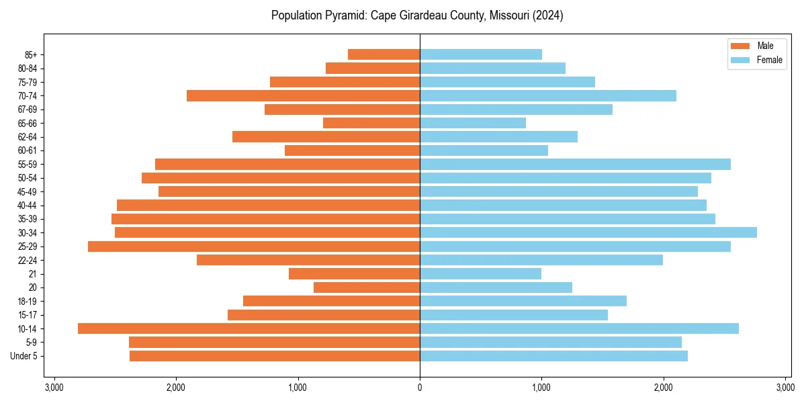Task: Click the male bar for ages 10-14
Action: pyautogui.click(x=249, y=328)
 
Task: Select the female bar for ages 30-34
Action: pyautogui.click(x=588, y=232)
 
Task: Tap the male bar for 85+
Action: pyautogui.click(x=384, y=54)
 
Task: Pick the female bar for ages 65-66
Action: pyautogui.click(x=473, y=123)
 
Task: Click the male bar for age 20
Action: pyautogui.click(x=367, y=287)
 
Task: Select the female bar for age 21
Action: pyautogui.click(x=480, y=273)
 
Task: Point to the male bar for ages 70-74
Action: pyautogui.click(x=303, y=95)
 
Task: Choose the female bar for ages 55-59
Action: pyautogui.click(x=575, y=164)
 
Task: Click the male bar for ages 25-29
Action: pyautogui.click(x=254, y=247)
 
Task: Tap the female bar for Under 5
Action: pyautogui.click(x=553, y=356)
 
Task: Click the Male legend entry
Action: pyautogui.click(x=756, y=46)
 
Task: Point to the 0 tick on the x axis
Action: pyautogui.click(x=420, y=388)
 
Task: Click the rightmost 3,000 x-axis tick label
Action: pyautogui.click(x=785, y=388)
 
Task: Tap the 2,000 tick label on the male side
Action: pyautogui.click(x=176, y=388)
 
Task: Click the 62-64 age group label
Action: pyautogui.click(x=28, y=137)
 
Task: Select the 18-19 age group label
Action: pyautogui.click(x=28, y=302)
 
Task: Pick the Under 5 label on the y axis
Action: pyautogui.click(x=24, y=356)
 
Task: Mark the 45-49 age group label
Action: pyautogui.click(x=28, y=191)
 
